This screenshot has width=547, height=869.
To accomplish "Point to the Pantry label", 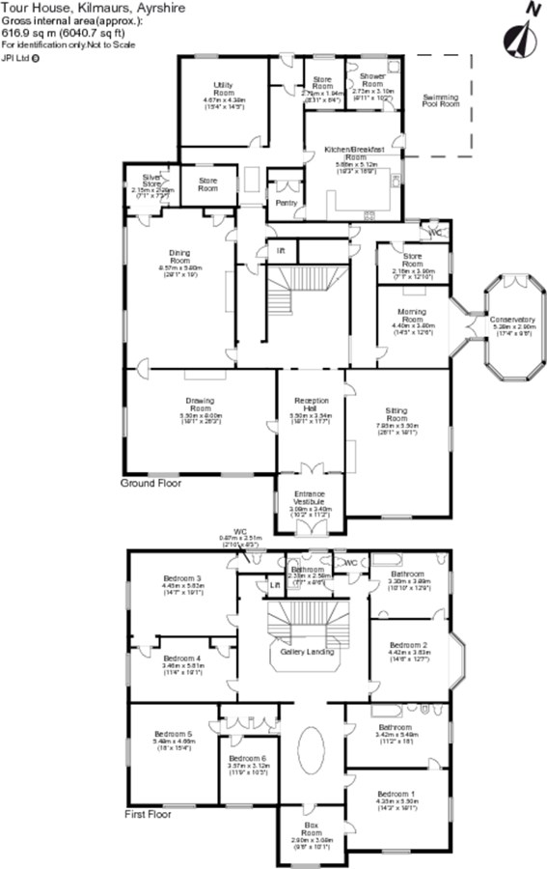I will tap(286, 203).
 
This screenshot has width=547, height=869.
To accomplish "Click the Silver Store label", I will tap(151, 180).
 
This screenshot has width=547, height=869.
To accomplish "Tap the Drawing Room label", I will tap(200, 404).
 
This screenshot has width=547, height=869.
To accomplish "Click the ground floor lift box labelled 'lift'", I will tap(281, 250).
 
